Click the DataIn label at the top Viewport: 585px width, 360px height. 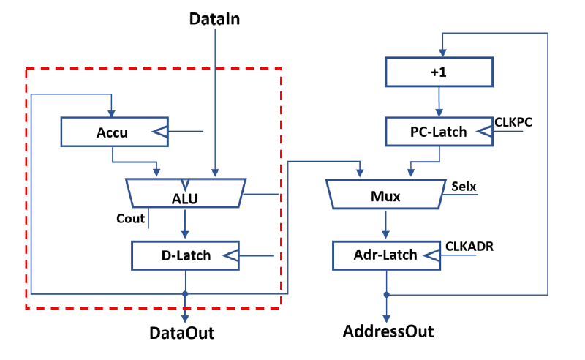pos(214,18)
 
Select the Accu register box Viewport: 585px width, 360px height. pos(111,132)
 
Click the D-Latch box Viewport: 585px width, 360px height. pos(185,255)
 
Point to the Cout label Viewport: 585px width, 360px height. pos(130,218)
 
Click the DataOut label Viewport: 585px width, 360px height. pos(182,333)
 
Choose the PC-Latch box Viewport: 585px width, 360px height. pos(438,132)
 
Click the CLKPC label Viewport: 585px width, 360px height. pos(513,121)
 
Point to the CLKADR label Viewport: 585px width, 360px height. pos(469,247)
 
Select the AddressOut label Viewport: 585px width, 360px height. pos(388,331)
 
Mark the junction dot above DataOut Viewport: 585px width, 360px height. pos(185,293)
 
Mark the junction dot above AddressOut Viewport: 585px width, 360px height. pos(387,294)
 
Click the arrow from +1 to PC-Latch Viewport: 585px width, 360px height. pos(438,102)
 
